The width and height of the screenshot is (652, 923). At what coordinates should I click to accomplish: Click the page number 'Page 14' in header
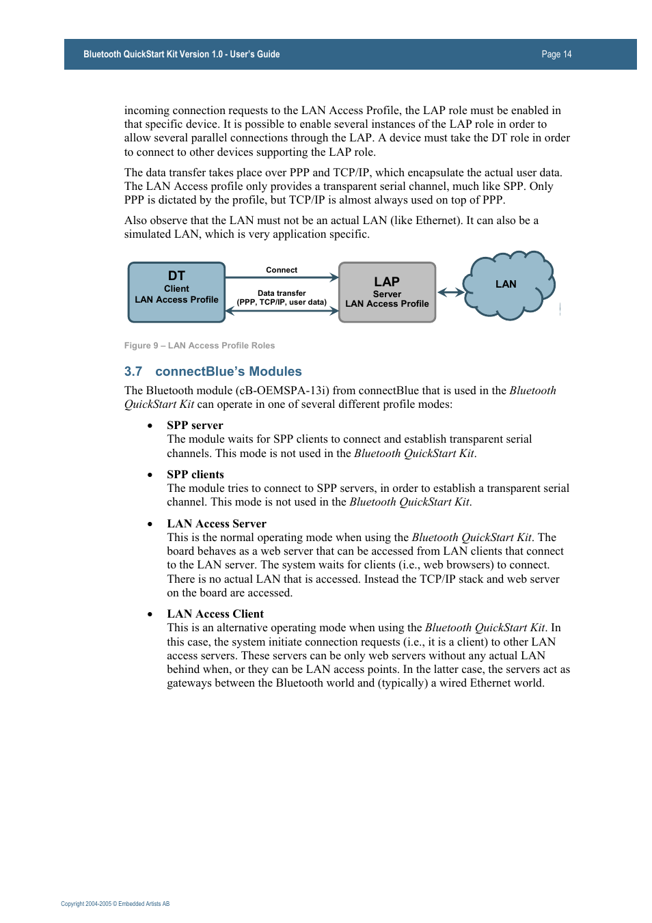click(x=556, y=54)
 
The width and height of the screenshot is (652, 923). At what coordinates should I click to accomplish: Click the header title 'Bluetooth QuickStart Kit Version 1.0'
click(x=181, y=54)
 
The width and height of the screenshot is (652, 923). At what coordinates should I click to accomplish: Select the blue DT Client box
click(x=176, y=292)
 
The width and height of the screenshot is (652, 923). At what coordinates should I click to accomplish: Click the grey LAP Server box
click(x=387, y=292)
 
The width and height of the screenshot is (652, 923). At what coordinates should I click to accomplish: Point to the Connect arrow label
click(x=282, y=270)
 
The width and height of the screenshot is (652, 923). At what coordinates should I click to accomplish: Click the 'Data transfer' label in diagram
click(x=282, y=293)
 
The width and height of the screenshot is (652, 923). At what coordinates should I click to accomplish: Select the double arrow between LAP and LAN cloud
click(x=450, y=292)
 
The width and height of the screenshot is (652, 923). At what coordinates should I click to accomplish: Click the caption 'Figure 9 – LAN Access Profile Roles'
click(x=200, y=346)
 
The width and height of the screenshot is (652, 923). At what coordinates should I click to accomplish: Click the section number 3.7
click(x=133, y=372)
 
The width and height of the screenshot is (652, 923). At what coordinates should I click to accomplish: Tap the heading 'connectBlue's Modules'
click(x=228, y=372)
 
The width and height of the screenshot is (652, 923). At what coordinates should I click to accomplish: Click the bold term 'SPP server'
click(x=195, y=425)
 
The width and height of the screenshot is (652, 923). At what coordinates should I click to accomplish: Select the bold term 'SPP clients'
click(x=195, y=474)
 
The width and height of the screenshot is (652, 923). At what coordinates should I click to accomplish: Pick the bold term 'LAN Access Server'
click(x=217, y=523)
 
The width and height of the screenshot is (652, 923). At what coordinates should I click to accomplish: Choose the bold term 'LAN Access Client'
click(x=215, y=614)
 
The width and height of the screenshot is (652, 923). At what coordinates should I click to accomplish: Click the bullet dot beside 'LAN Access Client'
click(x=150, y=614)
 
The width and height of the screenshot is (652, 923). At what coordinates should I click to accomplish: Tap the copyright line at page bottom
click(x=115, y=904)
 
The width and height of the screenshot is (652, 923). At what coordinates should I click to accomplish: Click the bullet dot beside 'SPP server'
click(x=150, y=426)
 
